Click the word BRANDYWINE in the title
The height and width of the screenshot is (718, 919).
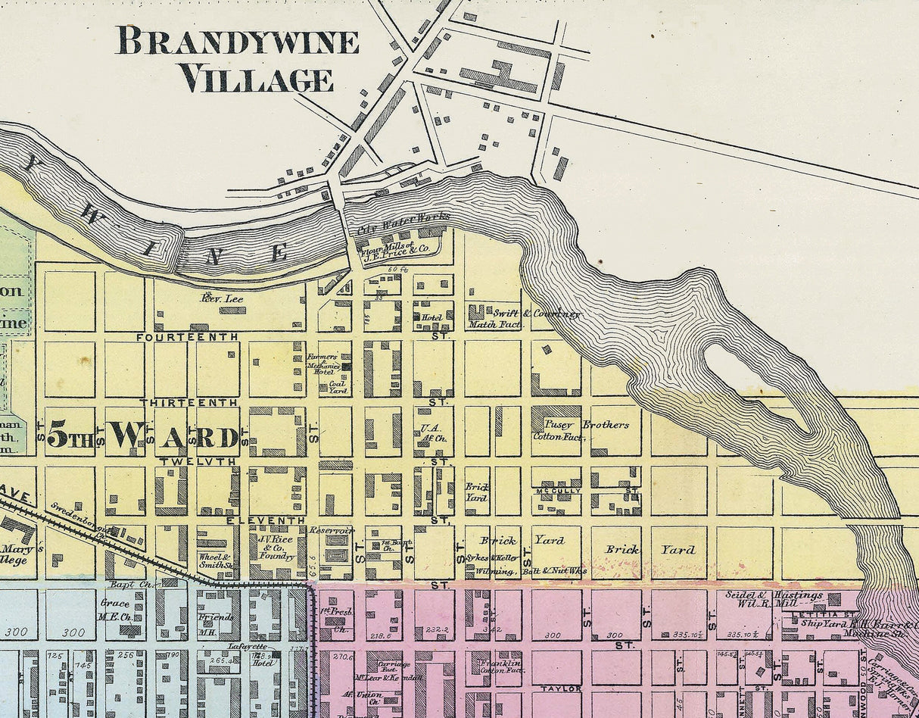[237, 42]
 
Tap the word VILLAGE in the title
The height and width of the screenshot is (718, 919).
[257, 79]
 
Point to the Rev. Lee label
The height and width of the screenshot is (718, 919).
[222, 299]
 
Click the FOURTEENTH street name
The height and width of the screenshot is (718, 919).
[187, 336]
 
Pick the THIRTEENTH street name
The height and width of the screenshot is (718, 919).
[188, 401]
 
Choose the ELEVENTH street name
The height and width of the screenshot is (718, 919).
[266, 521]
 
